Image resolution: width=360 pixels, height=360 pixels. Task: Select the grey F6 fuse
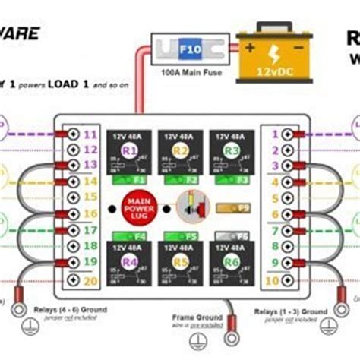click(229, 235)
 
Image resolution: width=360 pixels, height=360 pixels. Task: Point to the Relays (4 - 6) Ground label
click(70, 310)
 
